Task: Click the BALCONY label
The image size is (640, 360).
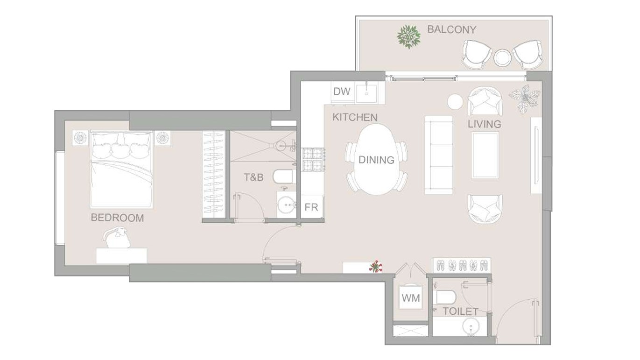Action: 451,30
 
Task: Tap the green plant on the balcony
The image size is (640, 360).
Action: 408,37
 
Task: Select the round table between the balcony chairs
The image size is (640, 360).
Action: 502,57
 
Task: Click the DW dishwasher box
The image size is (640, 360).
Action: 343,92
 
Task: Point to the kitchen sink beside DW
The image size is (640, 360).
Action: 366,92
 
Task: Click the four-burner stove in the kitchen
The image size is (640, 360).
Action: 313,159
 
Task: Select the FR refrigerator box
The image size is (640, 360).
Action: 312,207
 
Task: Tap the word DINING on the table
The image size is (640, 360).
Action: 376,160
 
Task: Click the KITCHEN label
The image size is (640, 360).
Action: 355,117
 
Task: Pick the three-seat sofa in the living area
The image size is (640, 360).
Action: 439,155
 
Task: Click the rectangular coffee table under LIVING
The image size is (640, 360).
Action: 485,155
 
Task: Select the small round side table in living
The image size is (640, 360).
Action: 455,102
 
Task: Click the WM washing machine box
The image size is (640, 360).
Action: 411,298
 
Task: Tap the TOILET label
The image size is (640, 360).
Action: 460,311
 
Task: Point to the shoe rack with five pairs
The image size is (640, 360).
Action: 462,265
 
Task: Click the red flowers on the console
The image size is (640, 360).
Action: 376,267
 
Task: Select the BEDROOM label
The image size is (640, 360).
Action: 117,218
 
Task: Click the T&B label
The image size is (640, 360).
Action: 253,177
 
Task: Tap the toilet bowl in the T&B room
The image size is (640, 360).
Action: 283,177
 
